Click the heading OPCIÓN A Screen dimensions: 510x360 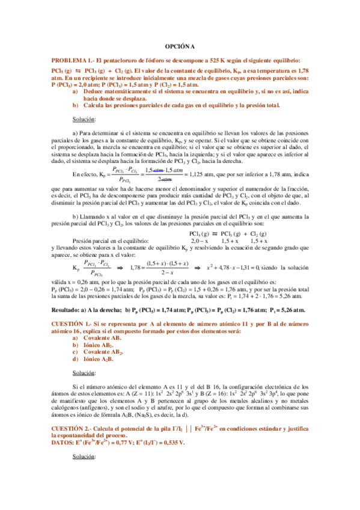point(180,46)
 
